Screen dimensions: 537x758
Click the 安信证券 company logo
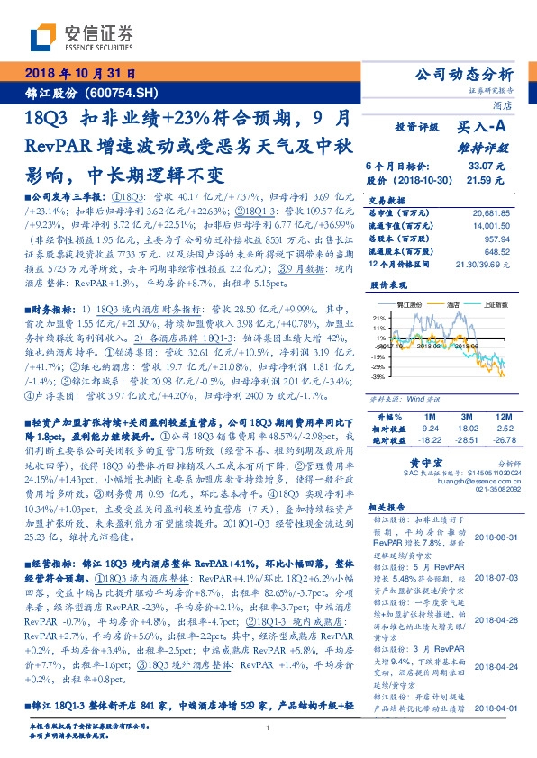point(80,37)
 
